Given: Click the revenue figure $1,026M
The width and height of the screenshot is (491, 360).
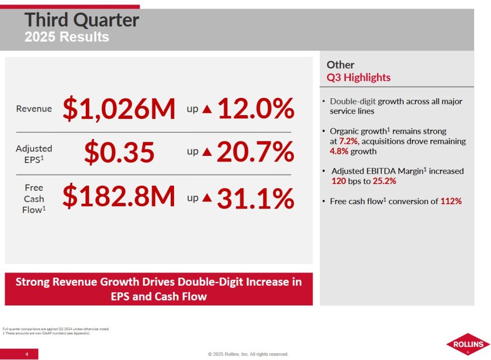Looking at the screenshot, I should pyautogui.click(x=119, y=109).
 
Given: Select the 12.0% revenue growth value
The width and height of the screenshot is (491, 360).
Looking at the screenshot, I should pyautogui.click(x=256, y=109).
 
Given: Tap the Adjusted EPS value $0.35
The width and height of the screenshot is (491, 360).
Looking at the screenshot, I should pyautogui.click(x=119, y=152).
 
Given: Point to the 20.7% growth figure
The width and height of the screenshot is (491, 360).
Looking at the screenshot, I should pyautogui.click(x=255, y=152).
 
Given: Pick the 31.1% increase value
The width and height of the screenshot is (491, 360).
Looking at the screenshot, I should pyautogui.click(x=255, y=198).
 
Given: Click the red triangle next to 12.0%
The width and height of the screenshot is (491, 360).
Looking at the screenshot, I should pyautogui.click(x=207, y=109).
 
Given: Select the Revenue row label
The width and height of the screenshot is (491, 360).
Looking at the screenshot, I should pyautogui.click(x=34, y=109).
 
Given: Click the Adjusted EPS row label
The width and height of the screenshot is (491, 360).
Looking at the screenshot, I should pyautogui.click(x=34, y=153).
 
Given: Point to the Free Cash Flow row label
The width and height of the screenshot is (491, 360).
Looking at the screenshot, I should pyautogui.click(x=34, y=198).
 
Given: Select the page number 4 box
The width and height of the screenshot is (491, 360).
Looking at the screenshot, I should pyautogui.click(x=27, y=354).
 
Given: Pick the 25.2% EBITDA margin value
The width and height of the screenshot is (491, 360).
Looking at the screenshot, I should pyautogui.click(x=384, y=182).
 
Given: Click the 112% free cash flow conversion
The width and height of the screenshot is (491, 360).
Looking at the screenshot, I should pyautogui.click(x=451, y=201).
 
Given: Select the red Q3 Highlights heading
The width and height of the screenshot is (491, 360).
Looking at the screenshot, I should pyautogui.click(x=359, y=77).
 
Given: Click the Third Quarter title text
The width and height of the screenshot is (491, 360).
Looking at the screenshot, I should pyautogui.click(x=82, y=20).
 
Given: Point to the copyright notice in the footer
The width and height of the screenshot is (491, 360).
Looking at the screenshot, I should pyautogui.click(x=248, y=354).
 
